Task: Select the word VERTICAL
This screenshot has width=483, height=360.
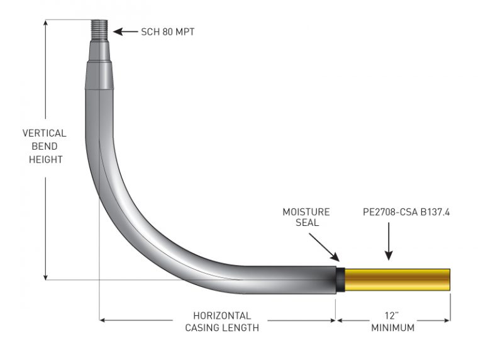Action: (44, 133)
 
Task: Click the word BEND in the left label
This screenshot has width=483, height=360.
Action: (44, 147)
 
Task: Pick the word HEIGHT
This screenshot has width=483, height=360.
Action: (44, 160)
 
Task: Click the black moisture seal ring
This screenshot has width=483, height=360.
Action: (340, 279)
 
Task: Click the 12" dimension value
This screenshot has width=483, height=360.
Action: (392, 315)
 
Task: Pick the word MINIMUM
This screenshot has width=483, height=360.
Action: (392, 328)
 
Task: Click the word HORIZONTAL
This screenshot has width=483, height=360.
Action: (222, 315)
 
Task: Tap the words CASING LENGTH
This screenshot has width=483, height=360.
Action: (222, 328)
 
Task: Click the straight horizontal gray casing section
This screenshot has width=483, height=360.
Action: (289, 279)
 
